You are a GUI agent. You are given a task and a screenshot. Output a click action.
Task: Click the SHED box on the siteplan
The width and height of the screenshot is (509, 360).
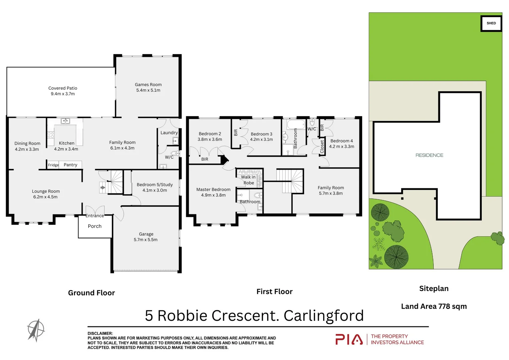click(x=491, y=23)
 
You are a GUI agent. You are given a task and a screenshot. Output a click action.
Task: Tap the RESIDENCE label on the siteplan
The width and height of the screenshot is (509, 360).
click(x=429, y=155)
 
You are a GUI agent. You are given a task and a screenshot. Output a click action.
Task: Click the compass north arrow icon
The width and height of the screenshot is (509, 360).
click(x=36, y=330)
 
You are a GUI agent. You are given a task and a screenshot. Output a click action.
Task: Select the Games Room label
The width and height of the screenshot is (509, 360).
click(x=148, y=85)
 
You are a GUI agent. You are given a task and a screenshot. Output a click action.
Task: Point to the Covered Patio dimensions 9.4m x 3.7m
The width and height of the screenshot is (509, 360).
click(x=63, y=94)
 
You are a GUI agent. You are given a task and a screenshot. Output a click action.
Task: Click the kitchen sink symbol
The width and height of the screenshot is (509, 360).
click(x=65, y=121)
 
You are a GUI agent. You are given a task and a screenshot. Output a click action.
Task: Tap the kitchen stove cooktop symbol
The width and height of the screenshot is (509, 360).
click(x=51, y=135)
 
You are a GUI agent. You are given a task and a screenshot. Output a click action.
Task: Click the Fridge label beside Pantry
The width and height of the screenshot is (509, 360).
click(x=53, y=165)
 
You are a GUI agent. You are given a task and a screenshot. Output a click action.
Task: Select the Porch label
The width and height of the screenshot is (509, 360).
click(x=95, y=226)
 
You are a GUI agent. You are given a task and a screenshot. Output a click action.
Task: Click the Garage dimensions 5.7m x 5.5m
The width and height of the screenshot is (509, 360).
click(x=146, y=240)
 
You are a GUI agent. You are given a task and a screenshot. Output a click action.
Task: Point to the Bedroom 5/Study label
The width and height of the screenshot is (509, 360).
click(x=155, y=185)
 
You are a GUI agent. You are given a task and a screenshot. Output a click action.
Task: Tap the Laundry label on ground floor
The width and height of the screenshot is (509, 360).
click(x=169, y=133)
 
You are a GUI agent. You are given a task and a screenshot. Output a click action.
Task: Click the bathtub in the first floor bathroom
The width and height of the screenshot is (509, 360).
click(x=296, y=125)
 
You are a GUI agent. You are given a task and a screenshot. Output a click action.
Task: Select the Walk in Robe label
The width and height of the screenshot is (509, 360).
click(x=249, y=180)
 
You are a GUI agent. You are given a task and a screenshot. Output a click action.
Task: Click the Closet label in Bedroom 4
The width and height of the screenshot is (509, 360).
click(x=322, y=147)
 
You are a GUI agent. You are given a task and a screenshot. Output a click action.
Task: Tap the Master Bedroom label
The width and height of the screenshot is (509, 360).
click(x=213, y=190)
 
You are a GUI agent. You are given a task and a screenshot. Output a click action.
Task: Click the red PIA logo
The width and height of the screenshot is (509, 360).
click(x=349, y=339)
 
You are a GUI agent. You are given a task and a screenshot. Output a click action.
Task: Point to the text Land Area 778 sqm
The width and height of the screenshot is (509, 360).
click(x=434, y=306)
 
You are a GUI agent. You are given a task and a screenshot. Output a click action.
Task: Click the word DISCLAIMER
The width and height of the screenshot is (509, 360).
click(x=100, y=333)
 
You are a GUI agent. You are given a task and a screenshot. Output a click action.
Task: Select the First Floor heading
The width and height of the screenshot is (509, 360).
click(x=274, y=292)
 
